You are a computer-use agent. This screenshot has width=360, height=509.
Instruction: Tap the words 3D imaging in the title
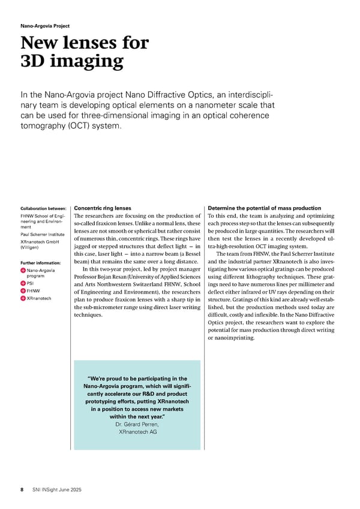(x=72, y=61)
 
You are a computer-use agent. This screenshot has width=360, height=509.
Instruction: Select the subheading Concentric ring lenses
(x=102, y=208)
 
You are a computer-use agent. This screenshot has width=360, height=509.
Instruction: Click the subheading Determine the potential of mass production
(x=264, y=208)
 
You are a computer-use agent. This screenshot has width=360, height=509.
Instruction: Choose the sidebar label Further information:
(x=41, y=263)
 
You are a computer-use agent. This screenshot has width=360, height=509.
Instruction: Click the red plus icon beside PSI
(x=23, y=284)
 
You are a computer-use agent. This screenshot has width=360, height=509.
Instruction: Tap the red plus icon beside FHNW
(x=23, y=291)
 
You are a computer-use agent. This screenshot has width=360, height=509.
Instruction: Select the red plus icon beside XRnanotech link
(x=23, y=298)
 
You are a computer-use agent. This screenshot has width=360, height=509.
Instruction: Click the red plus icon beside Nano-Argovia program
(x=23, y=271)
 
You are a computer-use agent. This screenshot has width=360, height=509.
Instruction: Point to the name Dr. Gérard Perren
(x=137, y=424)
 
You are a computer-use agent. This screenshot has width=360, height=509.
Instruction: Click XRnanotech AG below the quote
(x=137, y=432)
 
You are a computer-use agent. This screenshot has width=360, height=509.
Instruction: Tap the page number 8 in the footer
(x=22, y=490)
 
